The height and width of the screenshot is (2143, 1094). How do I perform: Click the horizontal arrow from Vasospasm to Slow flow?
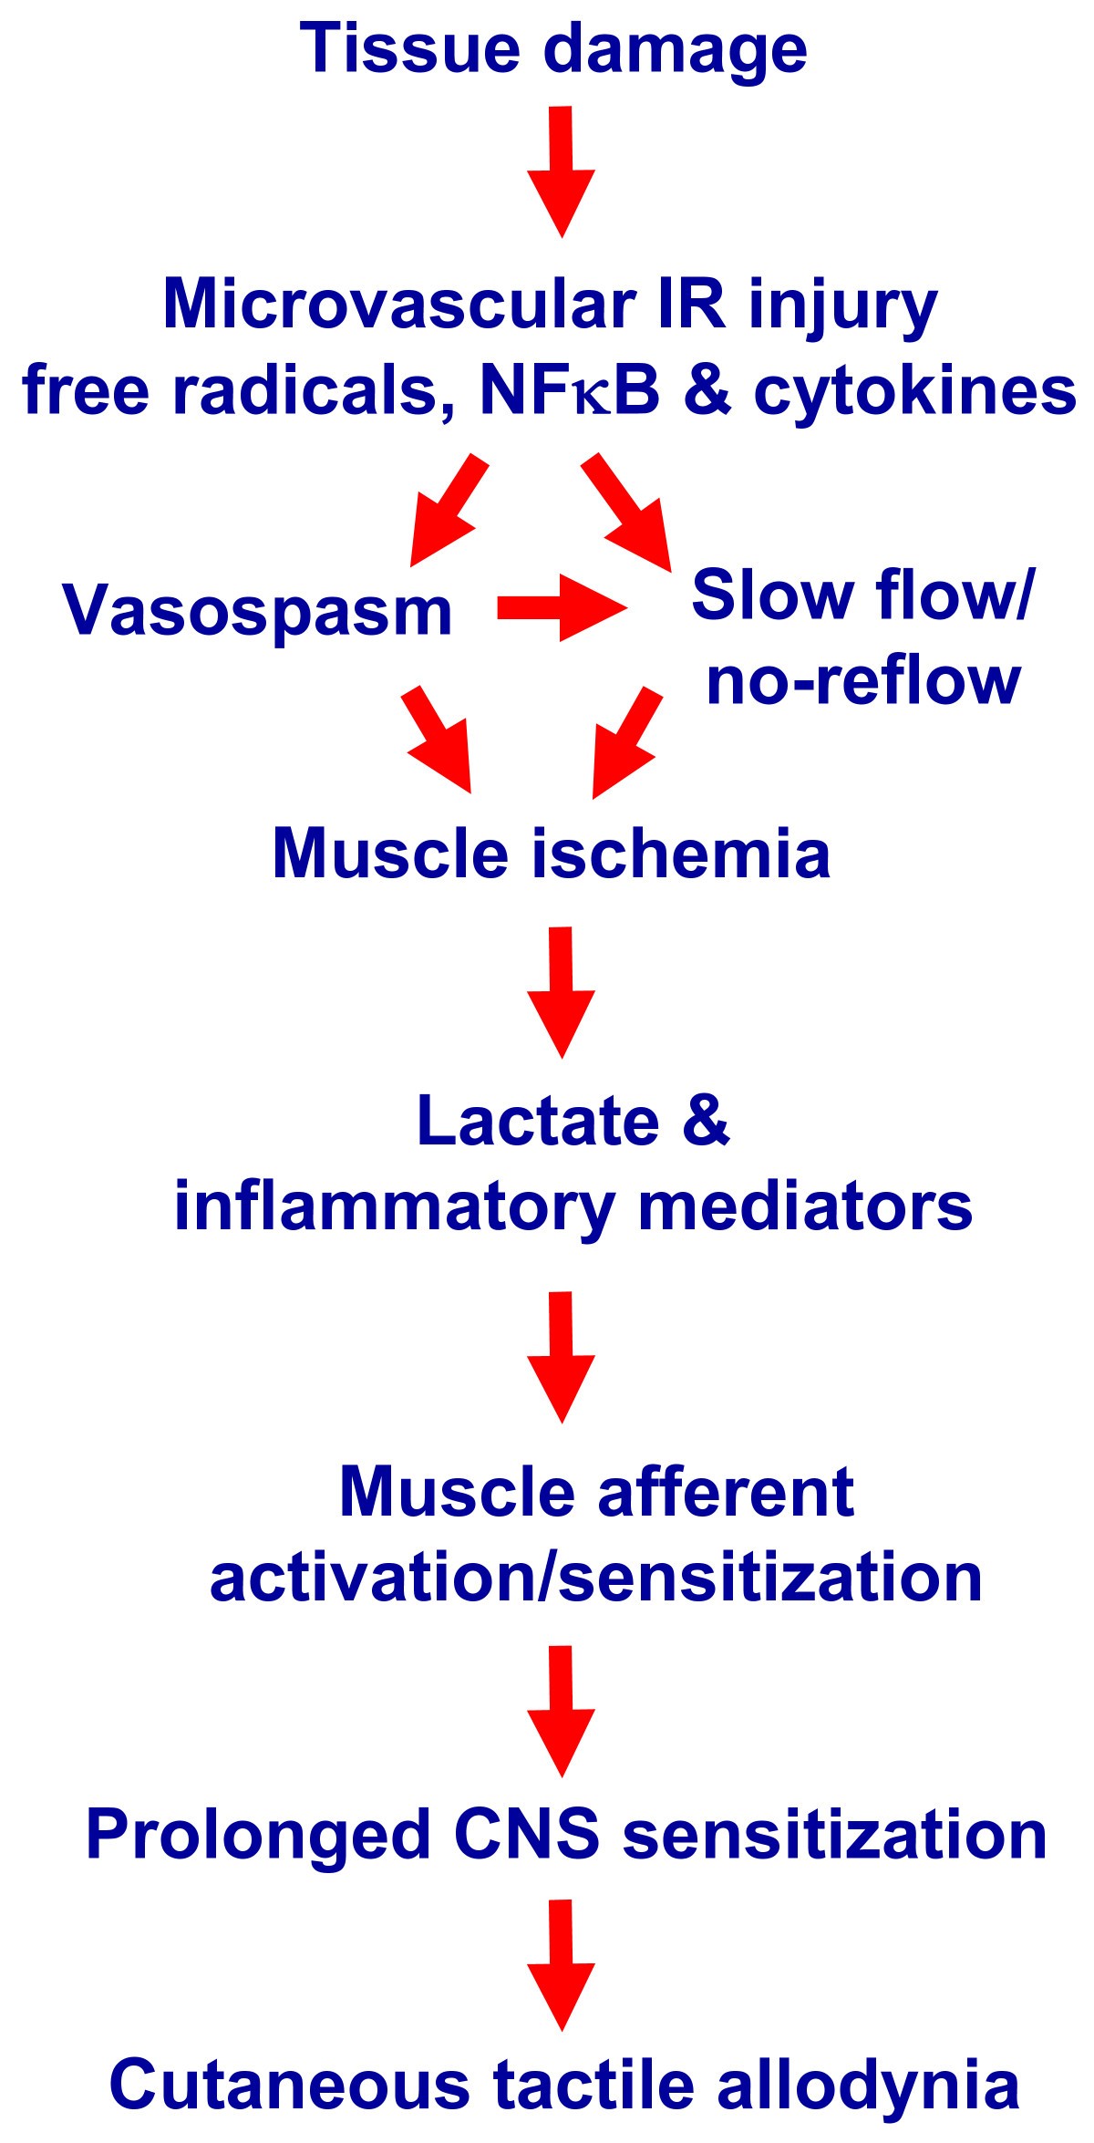[562, 607]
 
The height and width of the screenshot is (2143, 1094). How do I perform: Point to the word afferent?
[725, 1493]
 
